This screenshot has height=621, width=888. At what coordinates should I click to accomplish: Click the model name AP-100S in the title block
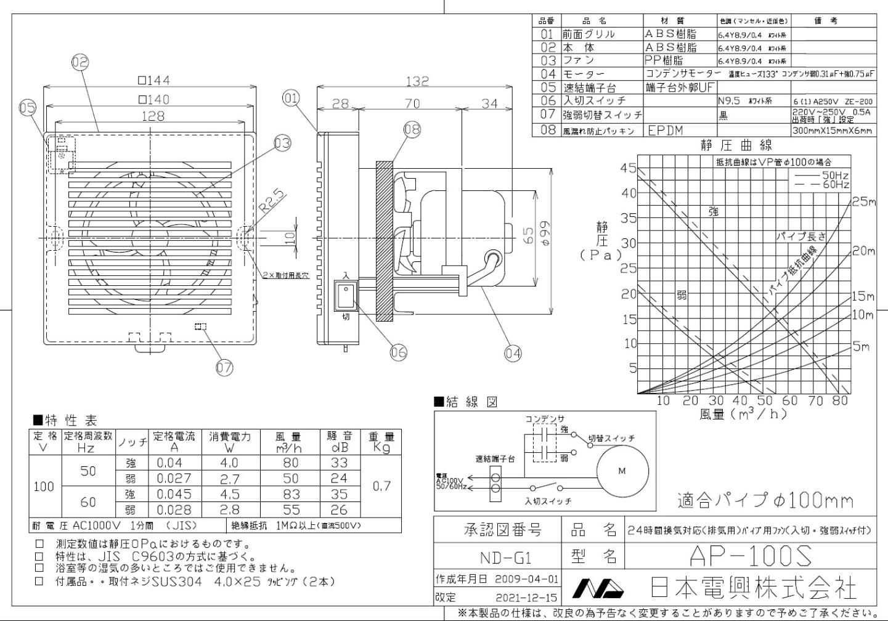point(750,556)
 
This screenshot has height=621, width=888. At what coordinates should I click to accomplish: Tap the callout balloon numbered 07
point(224,368)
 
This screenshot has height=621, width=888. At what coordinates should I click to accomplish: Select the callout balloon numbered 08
point(412,129)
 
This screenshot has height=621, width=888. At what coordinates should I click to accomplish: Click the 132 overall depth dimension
point(417,81)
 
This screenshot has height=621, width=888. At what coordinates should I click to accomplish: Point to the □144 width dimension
point(153,80)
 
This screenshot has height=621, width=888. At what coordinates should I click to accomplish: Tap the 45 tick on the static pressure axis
point(628,168)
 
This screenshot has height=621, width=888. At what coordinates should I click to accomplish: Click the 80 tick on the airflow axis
point(840,400)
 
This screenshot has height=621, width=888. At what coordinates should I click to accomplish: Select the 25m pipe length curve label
point(863,202)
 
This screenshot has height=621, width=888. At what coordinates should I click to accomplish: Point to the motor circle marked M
point(622,471)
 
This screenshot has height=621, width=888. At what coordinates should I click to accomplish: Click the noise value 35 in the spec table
point(339,494)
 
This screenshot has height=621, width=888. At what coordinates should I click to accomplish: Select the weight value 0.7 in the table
point(381,486)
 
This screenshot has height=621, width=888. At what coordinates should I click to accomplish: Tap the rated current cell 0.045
point(174,494)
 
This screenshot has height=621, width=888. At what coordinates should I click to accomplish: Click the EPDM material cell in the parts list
point(665,131)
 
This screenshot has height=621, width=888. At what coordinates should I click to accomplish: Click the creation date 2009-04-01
point(527,579)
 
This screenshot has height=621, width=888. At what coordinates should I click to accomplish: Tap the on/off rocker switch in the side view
point(346,296)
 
